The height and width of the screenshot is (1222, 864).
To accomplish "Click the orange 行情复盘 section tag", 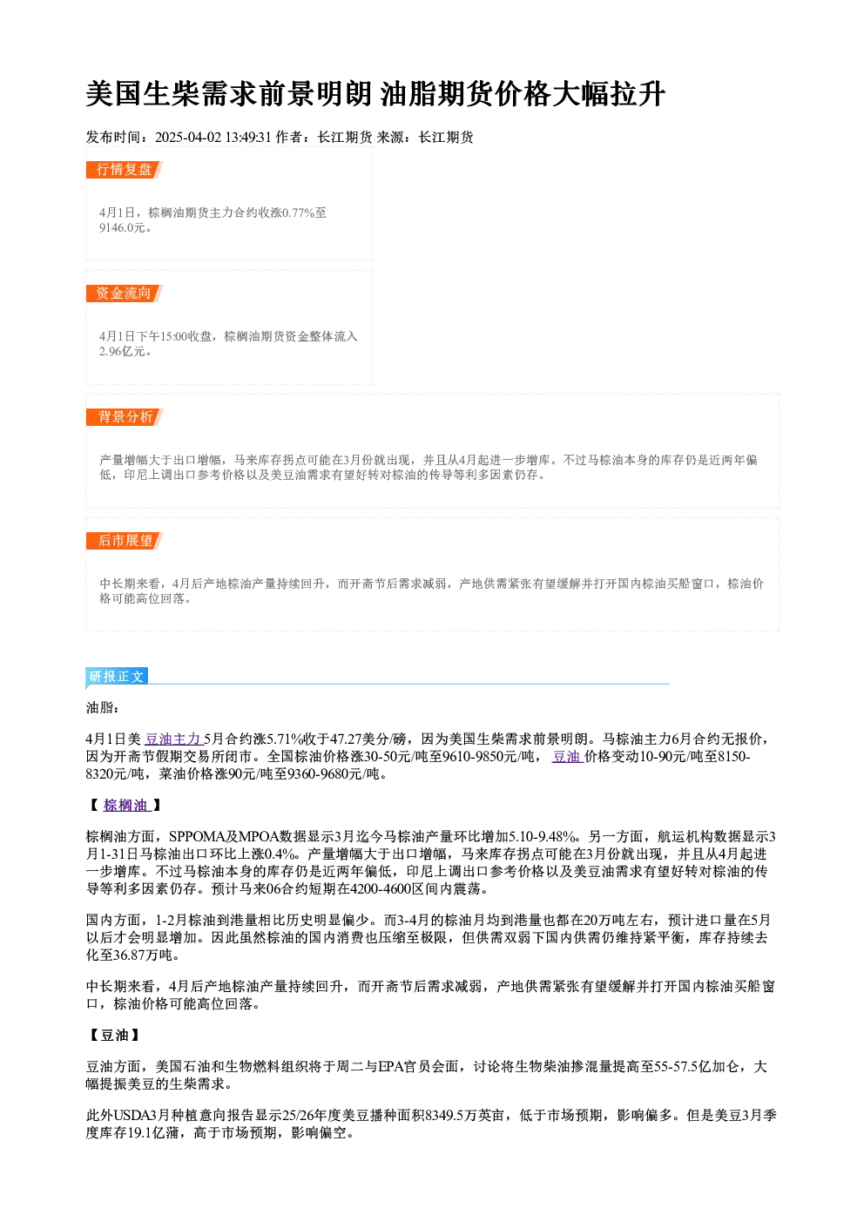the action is click(x=125, y=170).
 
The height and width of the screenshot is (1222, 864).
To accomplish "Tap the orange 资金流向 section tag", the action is click(x=125, y=294).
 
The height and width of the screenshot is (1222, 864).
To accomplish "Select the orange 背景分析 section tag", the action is click(x=125, y=417).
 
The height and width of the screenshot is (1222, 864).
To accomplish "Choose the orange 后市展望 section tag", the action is click(x=125, y=541).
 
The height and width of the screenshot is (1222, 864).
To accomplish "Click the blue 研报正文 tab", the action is click(x=117, y=677).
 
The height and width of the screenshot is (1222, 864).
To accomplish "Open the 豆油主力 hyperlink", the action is click(x=174, y=739).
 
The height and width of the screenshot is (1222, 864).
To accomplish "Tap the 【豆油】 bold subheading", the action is click(x=114, y=1036).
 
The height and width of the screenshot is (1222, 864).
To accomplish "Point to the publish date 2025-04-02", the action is click(x=188, y=138).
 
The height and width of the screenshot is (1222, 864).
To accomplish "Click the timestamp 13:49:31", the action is click(x=248, y=138).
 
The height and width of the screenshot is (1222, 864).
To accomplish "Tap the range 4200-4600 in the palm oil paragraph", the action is click(x=381, y=889).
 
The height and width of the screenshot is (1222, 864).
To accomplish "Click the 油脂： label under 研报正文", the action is click(x=103, y=708).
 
